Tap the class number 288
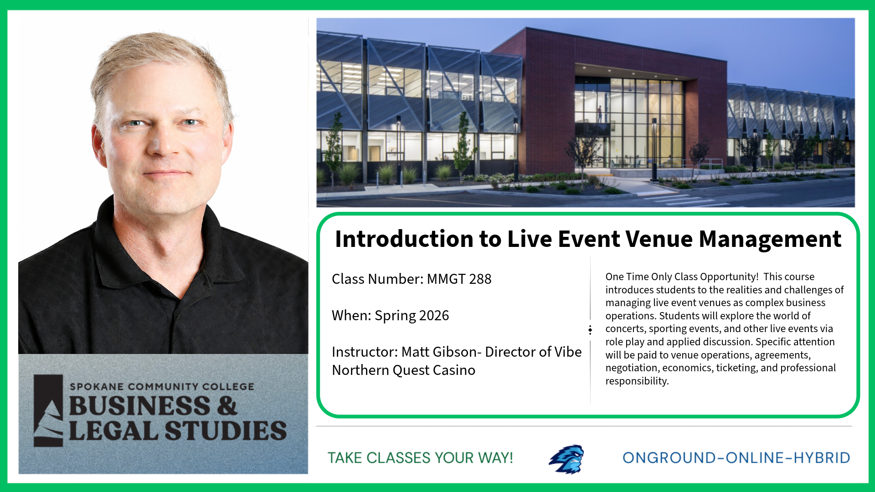[x=480, y=279]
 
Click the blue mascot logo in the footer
[x=566, y=459]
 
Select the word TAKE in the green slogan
[x=345, y=458]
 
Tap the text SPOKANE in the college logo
[x=97, y=386]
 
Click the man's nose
[x=165, y=143]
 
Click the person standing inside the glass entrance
[x=600, y=114]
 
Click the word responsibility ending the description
[x=637, y=381]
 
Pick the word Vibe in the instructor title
[x=568, y=352]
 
